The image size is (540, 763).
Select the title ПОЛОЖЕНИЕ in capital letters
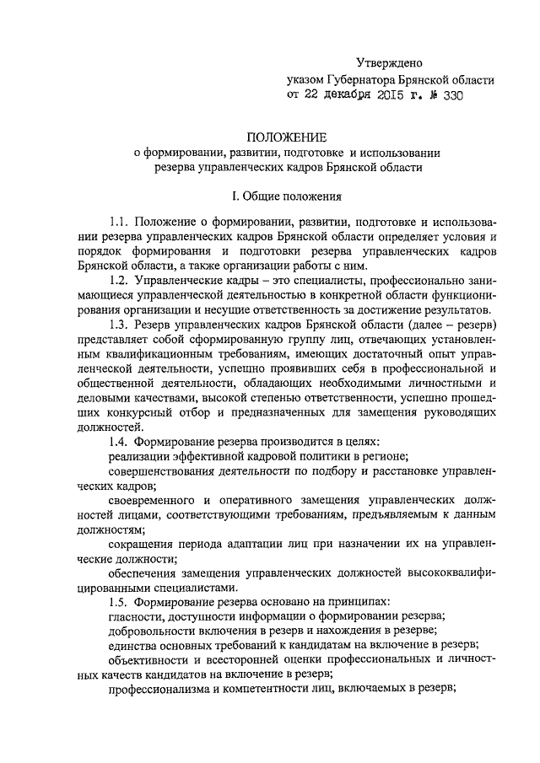click(x=286, y=137)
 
